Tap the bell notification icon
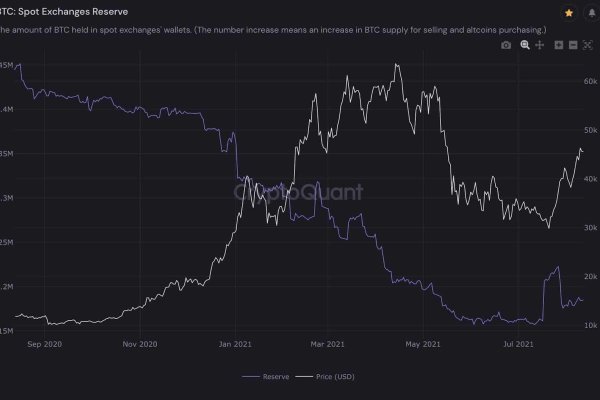[x=591, y=13]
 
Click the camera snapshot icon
[x=506, y=46]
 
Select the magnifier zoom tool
[x=524, y=46]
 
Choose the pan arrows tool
[x=540, y=46]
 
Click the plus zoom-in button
[x=558, y=46]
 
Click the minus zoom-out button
[x=572, y=46]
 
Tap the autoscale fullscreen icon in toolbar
[x=588, y=46]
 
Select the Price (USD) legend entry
[x=337, y=377]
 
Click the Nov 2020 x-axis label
[x=140, y=344]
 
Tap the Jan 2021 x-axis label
[x=235, y=344]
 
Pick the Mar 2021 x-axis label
[x=328, y=344]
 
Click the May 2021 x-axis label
[x=423, y=344]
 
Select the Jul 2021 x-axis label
[x=517, y=344]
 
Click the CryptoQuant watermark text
[x=298, y=191]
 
